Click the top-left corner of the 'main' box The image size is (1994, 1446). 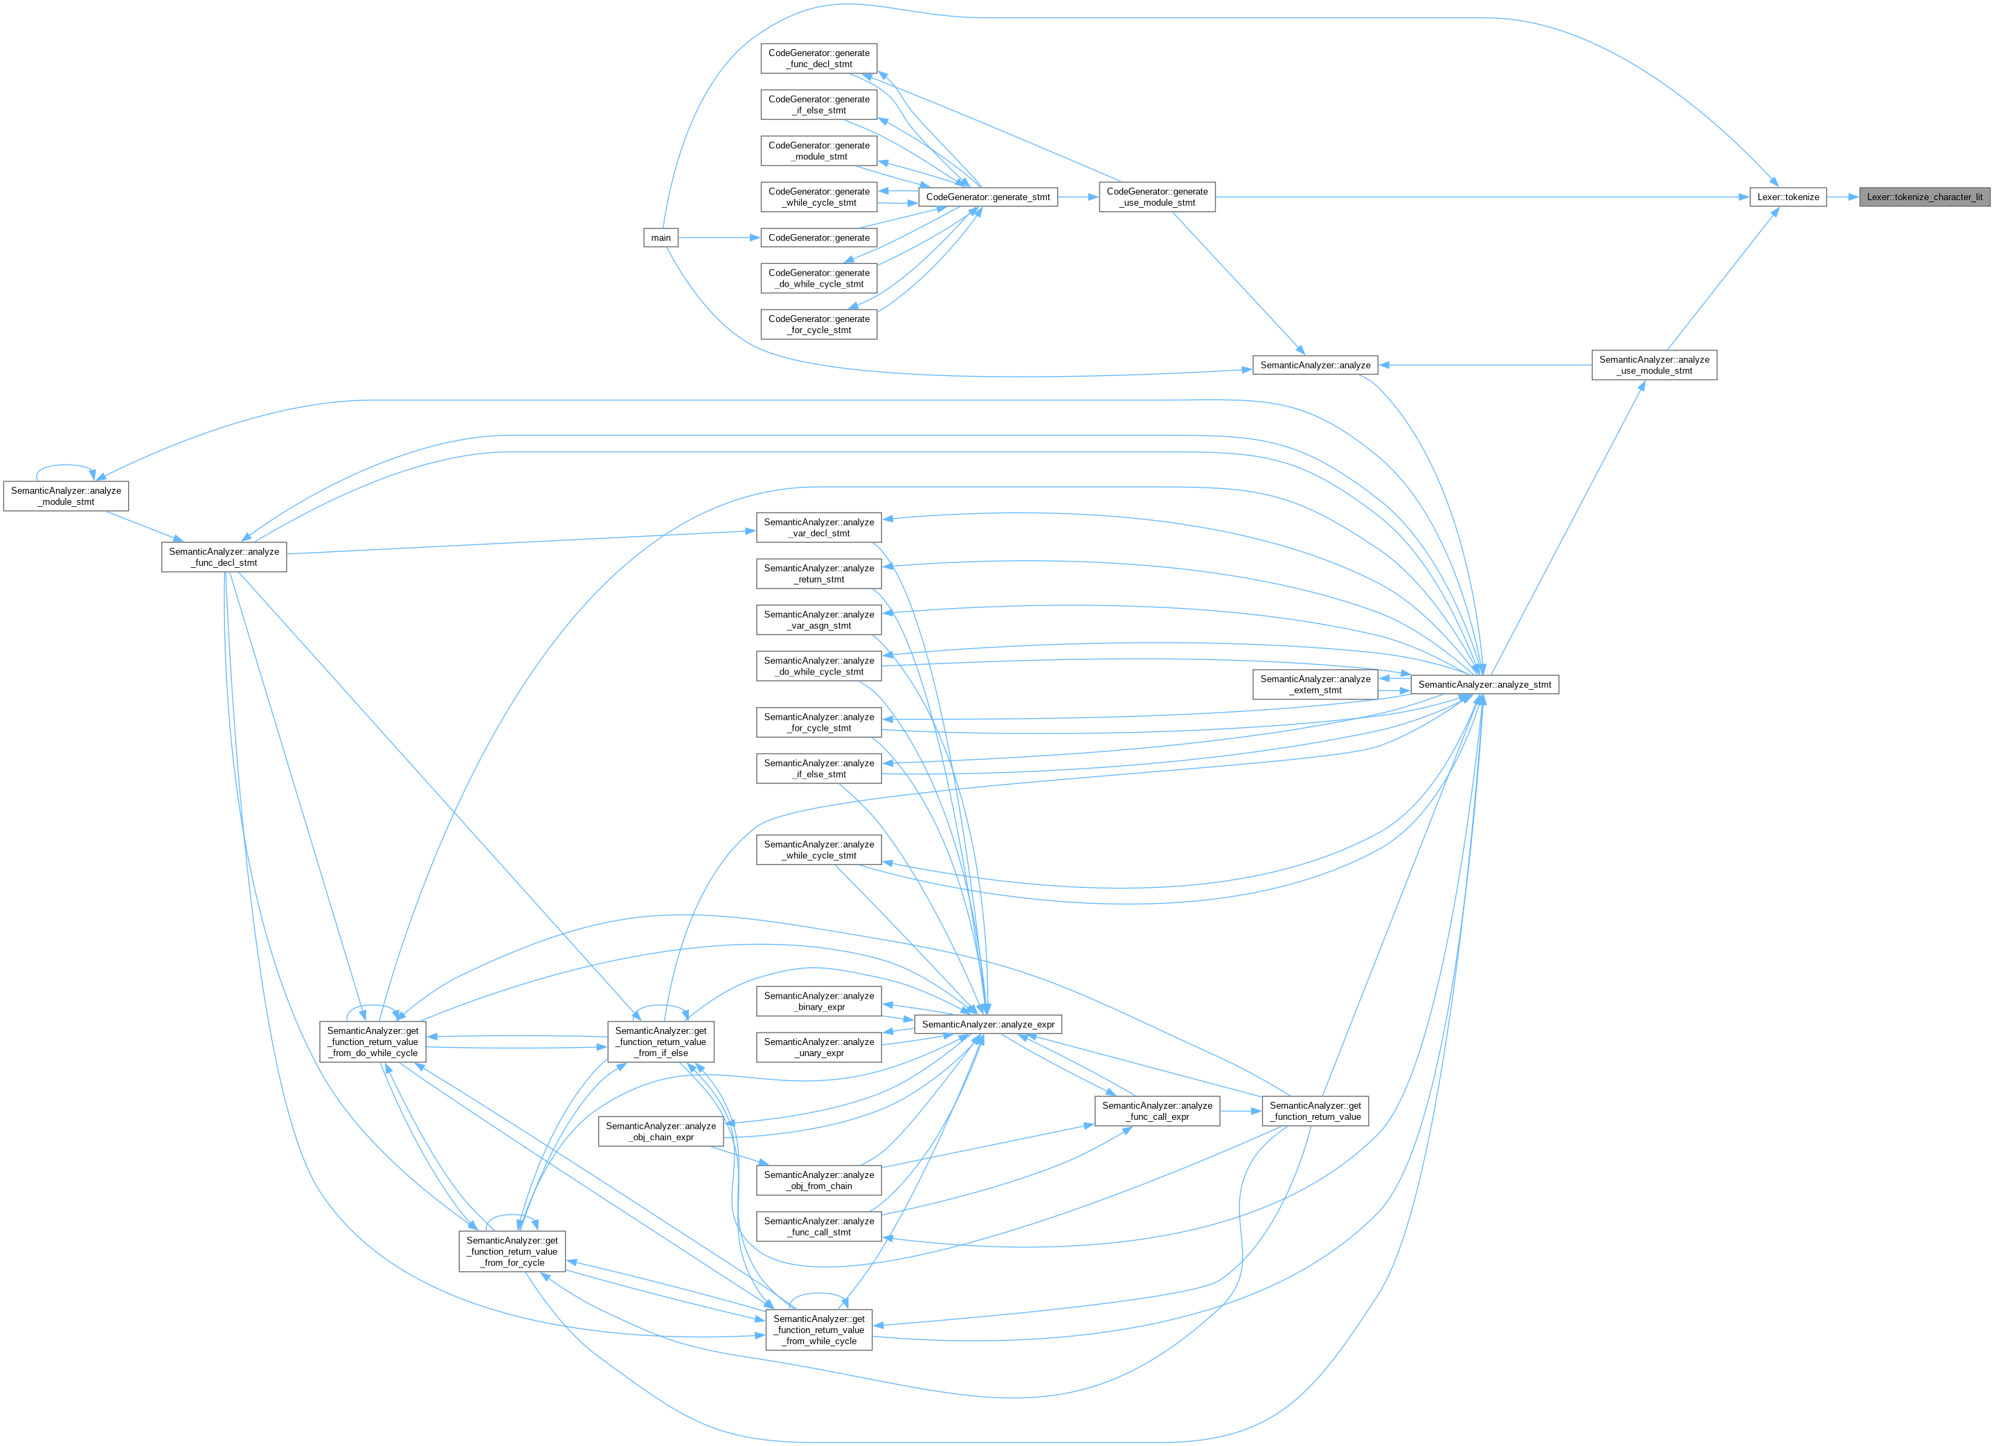644,229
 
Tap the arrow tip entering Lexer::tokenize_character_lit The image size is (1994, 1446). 1858,197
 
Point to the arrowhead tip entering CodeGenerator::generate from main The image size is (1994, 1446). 760,238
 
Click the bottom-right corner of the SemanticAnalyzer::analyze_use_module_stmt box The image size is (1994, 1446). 1717,380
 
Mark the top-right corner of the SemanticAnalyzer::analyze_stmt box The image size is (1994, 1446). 1559,675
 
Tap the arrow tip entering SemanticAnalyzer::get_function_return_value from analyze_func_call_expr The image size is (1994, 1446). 1261,1111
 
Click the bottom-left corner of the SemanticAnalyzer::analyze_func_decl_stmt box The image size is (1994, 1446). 162,572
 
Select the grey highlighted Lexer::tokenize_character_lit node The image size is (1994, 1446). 1925,197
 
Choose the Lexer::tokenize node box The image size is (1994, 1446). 1788,197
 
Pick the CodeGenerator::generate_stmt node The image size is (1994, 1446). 987,197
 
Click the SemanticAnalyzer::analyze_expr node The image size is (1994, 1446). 988,1024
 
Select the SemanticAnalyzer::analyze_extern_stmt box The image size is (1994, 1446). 1315,684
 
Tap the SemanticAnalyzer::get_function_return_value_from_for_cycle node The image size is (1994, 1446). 512,1251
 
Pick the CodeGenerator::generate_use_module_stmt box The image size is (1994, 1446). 1157,197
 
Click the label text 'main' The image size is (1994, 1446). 661,238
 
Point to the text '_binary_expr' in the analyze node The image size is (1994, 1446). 819,1007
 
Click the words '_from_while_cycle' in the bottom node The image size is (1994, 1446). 819,1341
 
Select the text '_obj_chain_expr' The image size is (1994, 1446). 661,1137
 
